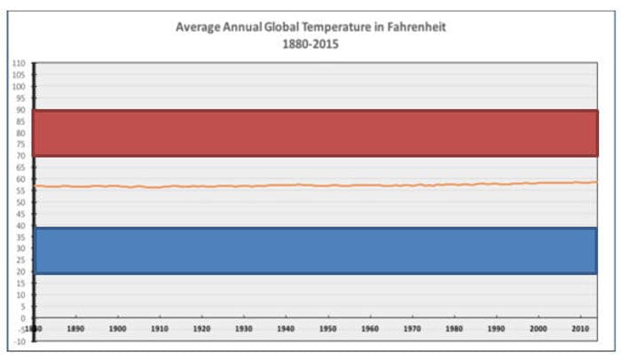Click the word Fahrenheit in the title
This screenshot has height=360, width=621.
(x=421, y=27)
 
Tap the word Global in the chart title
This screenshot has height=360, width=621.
(x=284, y=27)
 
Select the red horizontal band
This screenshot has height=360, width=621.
(x=315, y=133)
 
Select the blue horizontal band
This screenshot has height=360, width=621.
(x=315, y=251)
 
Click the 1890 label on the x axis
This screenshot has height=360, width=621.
(x=75, y=328)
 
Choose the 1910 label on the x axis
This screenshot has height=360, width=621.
(x=160, y=328)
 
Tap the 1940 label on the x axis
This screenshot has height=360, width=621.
(x=286, y=328)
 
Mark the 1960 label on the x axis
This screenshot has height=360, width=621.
(x=370, y=328)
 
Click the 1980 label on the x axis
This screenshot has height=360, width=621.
(x=454, y=328)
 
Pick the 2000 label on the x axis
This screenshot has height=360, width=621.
(x=538, y=328)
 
